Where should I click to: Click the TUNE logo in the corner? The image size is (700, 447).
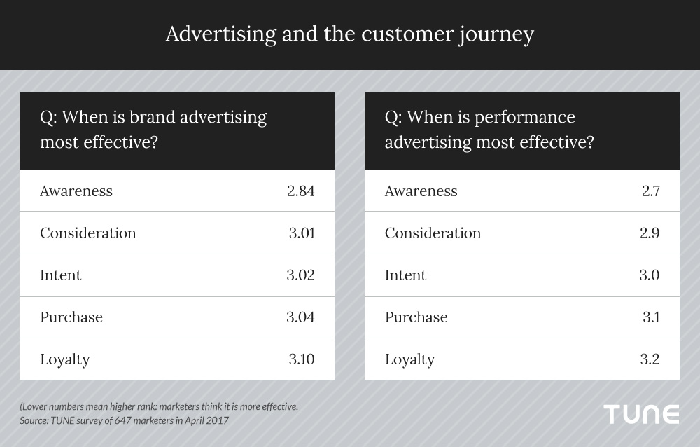pos(641,414)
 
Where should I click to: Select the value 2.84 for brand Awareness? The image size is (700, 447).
pos(301,191)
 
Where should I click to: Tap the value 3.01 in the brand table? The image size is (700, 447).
pos(302,233)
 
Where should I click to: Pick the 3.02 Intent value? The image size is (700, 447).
pos(300,275)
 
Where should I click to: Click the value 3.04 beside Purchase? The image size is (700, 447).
pos(300,317)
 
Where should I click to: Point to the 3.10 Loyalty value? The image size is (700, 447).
pos(302,359)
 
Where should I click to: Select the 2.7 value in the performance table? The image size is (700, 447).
pos(651,191)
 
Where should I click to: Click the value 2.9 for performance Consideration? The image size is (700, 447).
pos(650,233)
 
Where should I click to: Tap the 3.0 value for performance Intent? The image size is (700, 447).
pos(649,275)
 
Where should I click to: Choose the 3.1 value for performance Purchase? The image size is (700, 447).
pos(651,317)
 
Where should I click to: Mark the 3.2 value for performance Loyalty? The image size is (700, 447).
pos(650,359)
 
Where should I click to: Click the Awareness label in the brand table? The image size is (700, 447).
pos(76,191)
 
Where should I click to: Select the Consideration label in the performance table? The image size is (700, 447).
pos(433,233)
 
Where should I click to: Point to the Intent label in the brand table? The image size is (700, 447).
pos(61,275)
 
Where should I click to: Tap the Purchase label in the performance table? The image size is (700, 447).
pos(416,317)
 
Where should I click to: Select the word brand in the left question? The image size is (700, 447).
pos(151,117)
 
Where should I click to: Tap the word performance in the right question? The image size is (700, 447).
pos(524,118)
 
